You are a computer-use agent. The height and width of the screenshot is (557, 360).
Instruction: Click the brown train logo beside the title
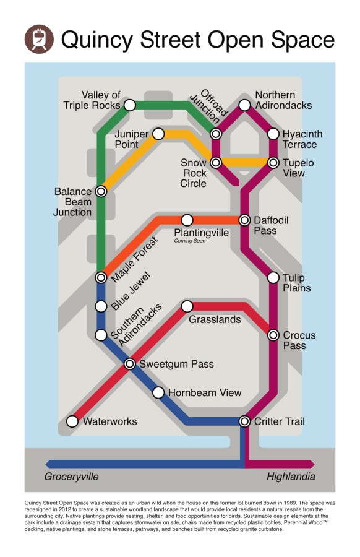click(39, 39)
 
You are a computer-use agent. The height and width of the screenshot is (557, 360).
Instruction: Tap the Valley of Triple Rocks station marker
click(129, 105)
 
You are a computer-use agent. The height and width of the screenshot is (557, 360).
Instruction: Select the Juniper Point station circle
click(158, 134)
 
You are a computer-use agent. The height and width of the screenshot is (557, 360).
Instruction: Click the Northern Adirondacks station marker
click(244, 105)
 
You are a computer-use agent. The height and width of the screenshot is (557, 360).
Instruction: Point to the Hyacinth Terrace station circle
click(273, 134)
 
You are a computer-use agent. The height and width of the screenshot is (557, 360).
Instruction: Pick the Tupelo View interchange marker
click(273, 163)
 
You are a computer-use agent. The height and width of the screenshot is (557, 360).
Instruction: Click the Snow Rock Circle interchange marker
click(216, 163)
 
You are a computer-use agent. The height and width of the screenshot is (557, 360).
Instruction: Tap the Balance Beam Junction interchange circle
click(101, 191)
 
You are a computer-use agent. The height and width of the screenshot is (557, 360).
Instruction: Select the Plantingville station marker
click(187, 220)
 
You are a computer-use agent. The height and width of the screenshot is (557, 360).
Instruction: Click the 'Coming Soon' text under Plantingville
click(190, 241)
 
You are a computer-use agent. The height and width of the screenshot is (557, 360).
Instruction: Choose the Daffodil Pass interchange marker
click(244, 220)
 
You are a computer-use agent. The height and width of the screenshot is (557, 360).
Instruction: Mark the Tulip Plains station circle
click(273, 278)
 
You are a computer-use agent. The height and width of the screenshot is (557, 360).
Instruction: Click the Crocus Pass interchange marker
click(273, 335)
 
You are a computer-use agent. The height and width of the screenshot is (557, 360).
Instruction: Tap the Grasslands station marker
click(187, 306)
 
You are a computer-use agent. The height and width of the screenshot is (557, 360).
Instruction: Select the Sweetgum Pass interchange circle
click(129, 364)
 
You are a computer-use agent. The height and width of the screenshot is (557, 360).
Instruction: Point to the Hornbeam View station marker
click(158, 392)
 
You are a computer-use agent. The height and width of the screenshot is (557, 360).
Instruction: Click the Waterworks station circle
click(72, 421)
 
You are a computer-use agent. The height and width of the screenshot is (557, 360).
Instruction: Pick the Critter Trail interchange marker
click(244, 421)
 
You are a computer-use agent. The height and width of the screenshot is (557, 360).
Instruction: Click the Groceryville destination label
click(71, 477)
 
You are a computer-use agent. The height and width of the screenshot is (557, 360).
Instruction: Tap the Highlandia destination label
click(291, 477)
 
